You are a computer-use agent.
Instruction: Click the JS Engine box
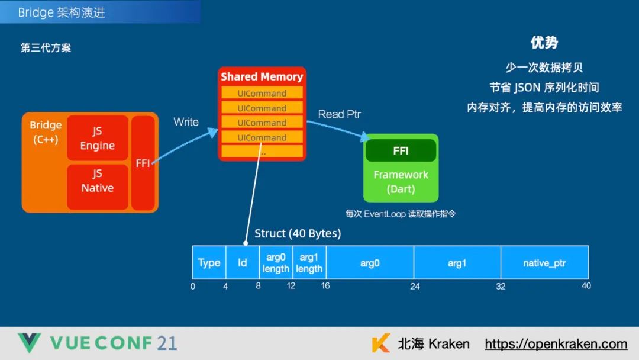98,138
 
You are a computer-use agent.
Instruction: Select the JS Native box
98,181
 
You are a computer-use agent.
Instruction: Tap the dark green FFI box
401,151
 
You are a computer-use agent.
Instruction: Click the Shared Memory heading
262,77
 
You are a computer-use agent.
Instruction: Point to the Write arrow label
186,122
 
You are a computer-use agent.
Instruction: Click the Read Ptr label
340,114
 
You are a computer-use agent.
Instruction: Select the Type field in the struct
209,263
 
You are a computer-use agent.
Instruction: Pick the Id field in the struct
243,263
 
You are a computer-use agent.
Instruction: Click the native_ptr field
544,263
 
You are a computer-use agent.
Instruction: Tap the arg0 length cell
276,263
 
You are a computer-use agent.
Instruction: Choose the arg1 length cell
309,263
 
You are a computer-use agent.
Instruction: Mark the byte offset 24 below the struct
415,287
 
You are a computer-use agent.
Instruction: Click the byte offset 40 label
586,286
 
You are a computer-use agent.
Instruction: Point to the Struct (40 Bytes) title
298,234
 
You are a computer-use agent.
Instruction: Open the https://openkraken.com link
556,344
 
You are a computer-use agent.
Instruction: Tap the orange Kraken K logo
381,343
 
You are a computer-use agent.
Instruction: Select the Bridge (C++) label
46,133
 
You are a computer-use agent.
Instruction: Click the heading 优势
544,43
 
